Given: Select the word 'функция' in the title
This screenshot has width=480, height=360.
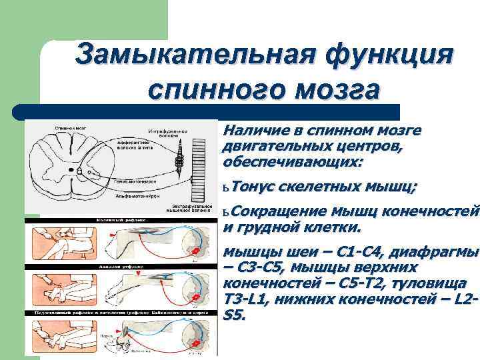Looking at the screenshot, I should (386, 53).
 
